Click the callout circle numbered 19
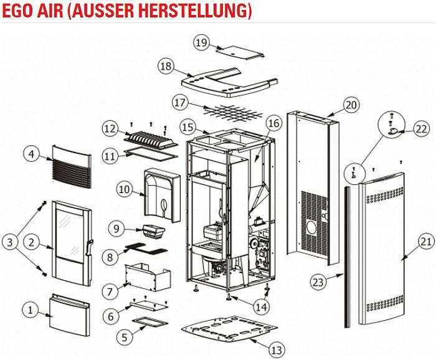[200, 42]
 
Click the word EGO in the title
[17, 11]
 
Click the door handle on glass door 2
[90, 249]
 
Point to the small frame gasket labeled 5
[149, 323]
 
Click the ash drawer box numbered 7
[149, 275]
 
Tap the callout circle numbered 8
[110, 256]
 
